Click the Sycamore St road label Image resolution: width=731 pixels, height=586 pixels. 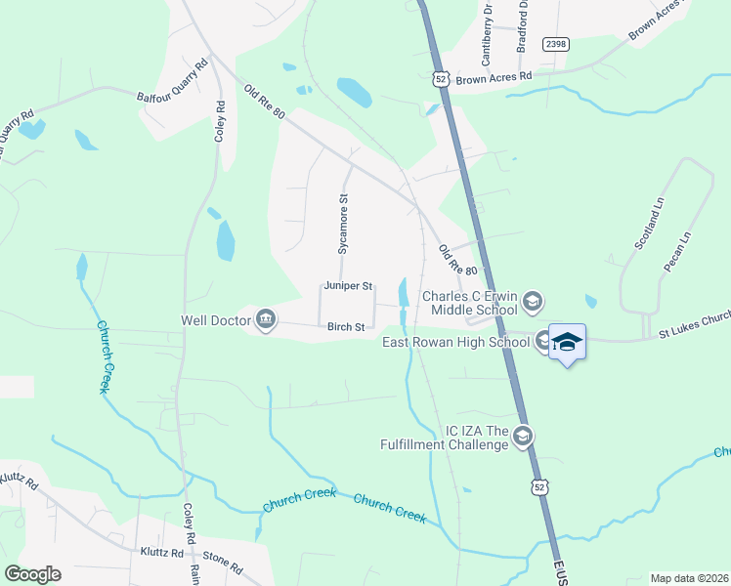pyautogui.click(x=343, y=224)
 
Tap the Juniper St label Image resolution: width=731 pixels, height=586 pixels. pyautogui.click(x=349, y=286)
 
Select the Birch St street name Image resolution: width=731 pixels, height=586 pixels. pyautogui.click(x=346, y=327)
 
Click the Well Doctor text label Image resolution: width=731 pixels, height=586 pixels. pyautogui.click(x=216, y=319)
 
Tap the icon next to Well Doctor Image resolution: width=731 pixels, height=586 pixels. pyautogui.click(x=266, y=319)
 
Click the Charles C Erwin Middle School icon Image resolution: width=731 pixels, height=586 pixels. pyautogui.click(x=532, y=301)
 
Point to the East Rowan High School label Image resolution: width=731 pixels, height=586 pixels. pyautogui.click(x=455, y=341)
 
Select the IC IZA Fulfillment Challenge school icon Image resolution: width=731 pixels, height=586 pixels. pyautogui.click(x=523, y=437)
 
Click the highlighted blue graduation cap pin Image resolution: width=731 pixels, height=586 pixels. pyautogui.click(x=567, y=342)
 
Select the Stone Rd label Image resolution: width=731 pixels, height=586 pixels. pyautogui.click(x=223, y=565)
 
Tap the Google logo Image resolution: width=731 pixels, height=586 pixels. pyautogui.click(x=32, y=574)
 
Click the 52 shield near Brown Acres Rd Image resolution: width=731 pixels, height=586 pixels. pyautogui.click(x=443, y=79)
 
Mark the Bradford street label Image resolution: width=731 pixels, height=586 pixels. pyautogui.click(x=522, y=24)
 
